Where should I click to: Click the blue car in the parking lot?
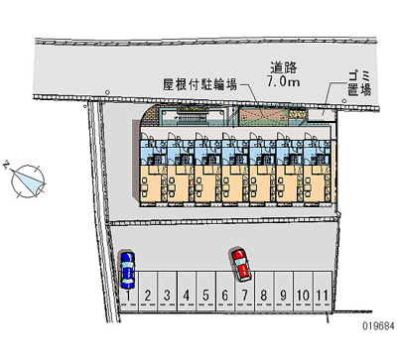click(x=127, y=268)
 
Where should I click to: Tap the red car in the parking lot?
click(x=240, y=263)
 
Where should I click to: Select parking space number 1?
click(x=128, y=295)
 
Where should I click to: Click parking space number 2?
click(x=147, y=295)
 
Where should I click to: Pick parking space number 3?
click(x=166, y=295)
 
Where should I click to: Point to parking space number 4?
click(x=186, y=295)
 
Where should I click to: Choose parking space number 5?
click(x=205, y=295)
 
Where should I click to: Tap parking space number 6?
click(x=225, y=295)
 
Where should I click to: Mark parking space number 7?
click(x=244, y=295)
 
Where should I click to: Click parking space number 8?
click(x=264, y=295)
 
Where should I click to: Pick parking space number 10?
click(x=303, y=295)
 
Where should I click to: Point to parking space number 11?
click(x=323, y=295)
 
